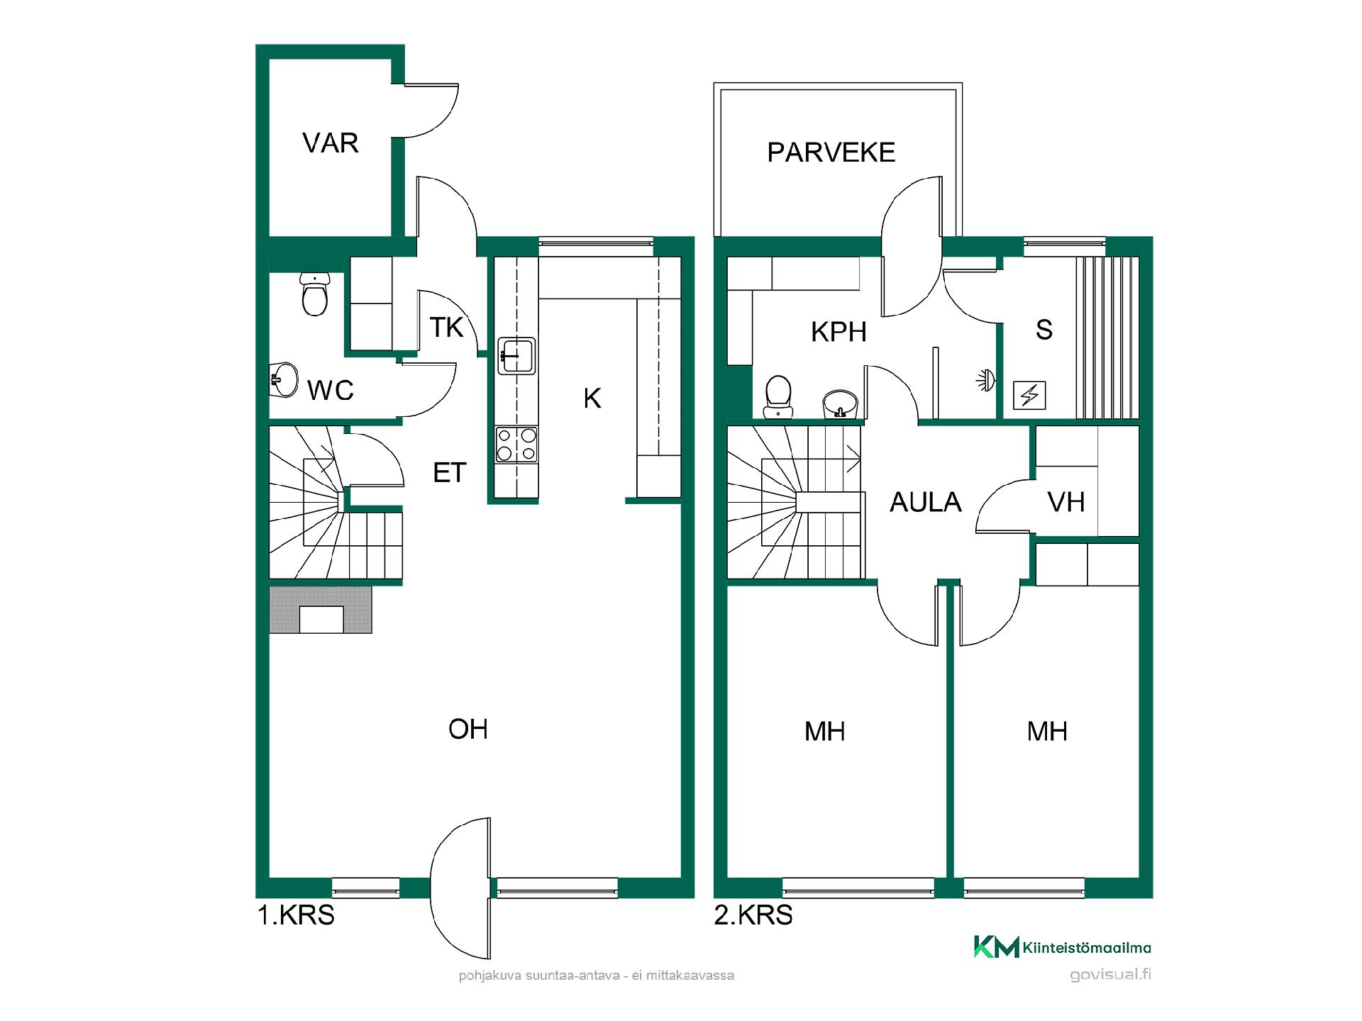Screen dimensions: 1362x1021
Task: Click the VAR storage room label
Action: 331,143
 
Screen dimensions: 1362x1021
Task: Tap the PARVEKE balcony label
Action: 831,152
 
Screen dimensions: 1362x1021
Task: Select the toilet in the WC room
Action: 314,294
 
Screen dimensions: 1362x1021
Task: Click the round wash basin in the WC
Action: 284,381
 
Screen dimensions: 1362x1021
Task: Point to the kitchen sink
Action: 516,355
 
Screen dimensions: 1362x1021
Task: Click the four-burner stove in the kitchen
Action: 516,445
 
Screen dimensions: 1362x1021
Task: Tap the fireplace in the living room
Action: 321,609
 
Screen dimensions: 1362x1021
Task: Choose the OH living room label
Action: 468,730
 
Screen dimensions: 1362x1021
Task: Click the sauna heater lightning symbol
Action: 1029,395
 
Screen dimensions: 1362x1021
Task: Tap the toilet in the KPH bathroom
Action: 778,397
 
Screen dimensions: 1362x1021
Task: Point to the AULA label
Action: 926,503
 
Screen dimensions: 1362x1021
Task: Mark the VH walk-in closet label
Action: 1066,503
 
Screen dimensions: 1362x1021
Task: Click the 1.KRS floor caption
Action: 296,915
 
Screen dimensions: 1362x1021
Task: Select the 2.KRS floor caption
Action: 753,915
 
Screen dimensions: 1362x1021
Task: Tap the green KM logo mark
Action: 997,947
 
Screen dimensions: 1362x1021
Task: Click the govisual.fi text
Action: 1111,975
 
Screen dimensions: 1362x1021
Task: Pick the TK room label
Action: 446,328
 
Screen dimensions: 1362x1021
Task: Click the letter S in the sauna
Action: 1044,330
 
